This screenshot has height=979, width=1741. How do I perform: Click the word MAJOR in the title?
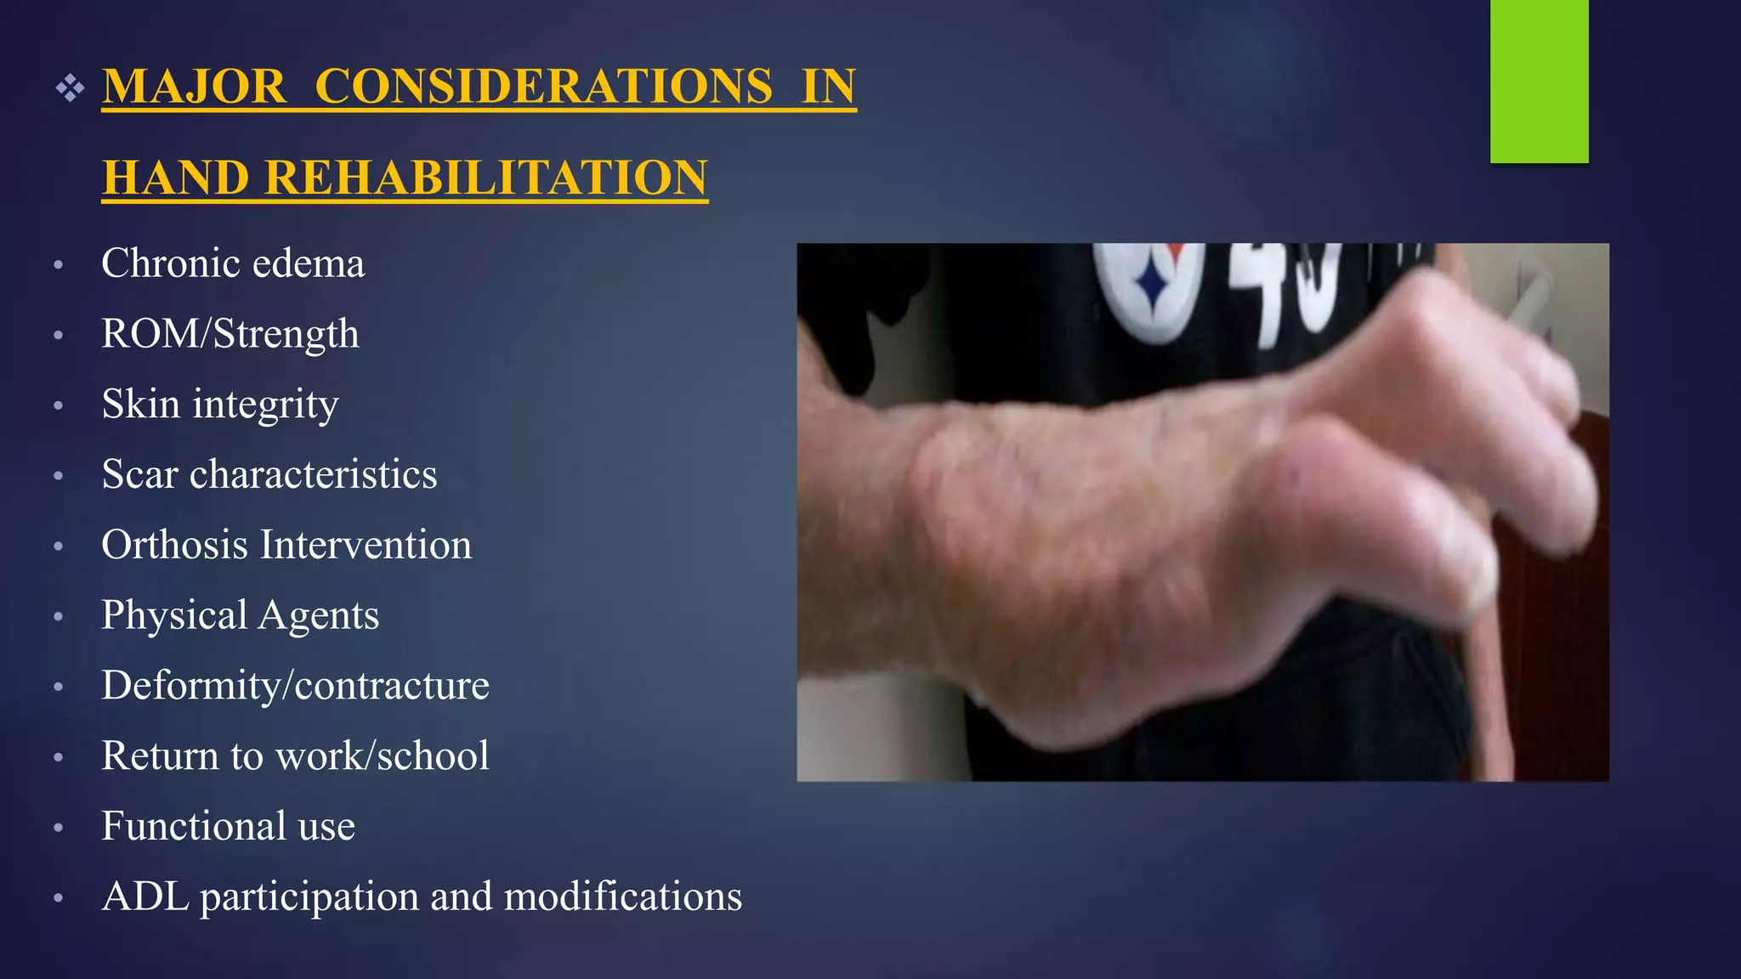click(x=194, y=87)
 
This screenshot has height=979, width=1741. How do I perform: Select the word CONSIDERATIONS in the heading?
click(x=544, y=87)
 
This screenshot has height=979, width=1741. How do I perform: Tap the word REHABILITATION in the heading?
click(x=485, y=178)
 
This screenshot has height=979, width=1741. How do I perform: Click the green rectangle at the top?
click(x=1539, y=81)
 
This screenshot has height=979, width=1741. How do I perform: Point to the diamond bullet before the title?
click(x=71, y=88)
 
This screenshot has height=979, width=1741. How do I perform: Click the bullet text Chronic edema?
click(x=232, y=263)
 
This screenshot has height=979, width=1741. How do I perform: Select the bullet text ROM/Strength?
click(x=230, y=334)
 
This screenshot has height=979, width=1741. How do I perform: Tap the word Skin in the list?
click(x=140, y=404)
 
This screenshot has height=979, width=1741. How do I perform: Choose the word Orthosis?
click(x=174, y=545)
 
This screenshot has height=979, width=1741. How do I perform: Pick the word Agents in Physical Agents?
click(x=318, y=615)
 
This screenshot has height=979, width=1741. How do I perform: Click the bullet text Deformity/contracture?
click(x=295, y=686)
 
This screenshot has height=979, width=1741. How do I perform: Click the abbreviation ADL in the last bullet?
click(x=145, y=897)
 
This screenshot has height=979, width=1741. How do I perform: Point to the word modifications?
click(x=622, y=897)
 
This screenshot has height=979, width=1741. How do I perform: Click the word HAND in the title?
click(x=176, y=178)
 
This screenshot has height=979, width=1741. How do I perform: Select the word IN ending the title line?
click(x=828, y=87)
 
